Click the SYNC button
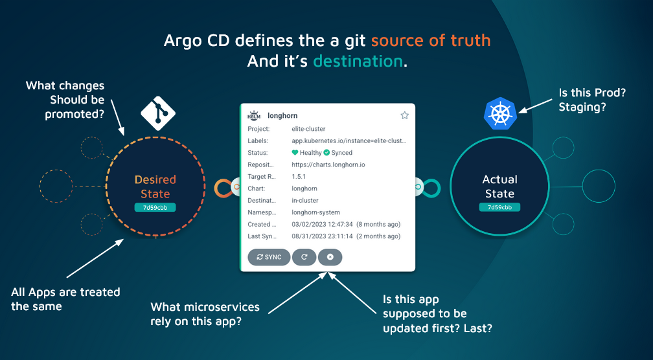pos(269,257)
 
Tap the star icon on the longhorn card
pos(404,115)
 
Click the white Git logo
pos(158,110)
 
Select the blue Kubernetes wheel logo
pos(500,113)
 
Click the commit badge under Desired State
pos(155,208)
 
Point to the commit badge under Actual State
pos(499,207)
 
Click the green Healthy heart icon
pos(295,153)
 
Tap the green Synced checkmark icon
pos(326,153)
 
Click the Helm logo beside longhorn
pos(254,115)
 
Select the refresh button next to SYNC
pos(304,257)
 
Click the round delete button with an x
pos(330,257)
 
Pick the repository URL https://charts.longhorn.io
pos(328,165)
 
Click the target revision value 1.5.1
pos(299,177)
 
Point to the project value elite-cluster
pos(308,129)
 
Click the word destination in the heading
pos(358,61)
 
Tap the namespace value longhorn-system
pos(315,212)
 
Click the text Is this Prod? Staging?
pos(592,100)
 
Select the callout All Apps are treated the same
pos(65,299)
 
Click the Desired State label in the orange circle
pos(155,186)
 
